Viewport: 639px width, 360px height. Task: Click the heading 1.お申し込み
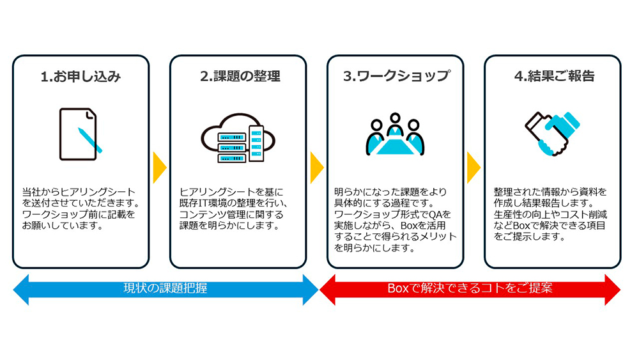[81, 77]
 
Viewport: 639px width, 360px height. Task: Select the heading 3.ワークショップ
[396, 77]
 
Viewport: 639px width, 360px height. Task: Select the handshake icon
[552, 134]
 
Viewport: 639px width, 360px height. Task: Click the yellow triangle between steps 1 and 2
[160, 168]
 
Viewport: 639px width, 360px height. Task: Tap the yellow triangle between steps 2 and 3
[316, 168]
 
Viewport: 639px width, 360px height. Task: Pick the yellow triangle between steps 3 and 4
[473, 168]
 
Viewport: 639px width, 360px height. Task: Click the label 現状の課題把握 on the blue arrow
[165, 288]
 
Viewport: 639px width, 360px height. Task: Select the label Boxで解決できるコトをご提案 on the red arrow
[470, 288]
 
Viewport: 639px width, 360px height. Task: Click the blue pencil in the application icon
[90, 140]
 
